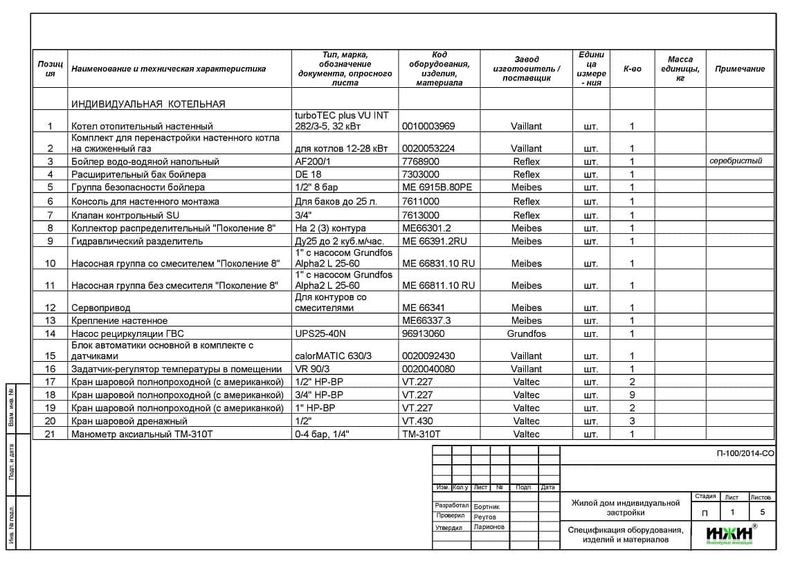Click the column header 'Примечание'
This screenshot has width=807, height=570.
click(x=740, y=69)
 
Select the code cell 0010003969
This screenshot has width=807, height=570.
click(x=428, y=127)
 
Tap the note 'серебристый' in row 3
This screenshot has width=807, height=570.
click(x=736, y=161)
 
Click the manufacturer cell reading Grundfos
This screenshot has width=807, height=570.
click(x=526, y=334)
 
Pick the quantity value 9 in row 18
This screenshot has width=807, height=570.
click(x=633, y=395)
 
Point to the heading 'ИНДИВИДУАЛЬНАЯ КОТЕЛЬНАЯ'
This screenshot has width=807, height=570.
click(x=148, y=104)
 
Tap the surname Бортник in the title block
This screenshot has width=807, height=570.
click(x=487, y=507)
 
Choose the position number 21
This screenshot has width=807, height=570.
click(x=50, y=434)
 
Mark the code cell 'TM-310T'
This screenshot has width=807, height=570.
click(x=421, y=434)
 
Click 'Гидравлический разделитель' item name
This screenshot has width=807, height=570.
click(x=137, y=241)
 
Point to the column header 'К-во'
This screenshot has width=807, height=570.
click(x=633, y=69)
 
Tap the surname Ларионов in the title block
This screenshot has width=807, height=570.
click(x=489, y=527)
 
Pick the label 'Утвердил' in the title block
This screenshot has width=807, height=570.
click(x=448, y=528)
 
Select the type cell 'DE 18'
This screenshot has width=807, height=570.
click(x=308, y=175)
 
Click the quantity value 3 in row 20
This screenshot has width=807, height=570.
click(x=633, y=421)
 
